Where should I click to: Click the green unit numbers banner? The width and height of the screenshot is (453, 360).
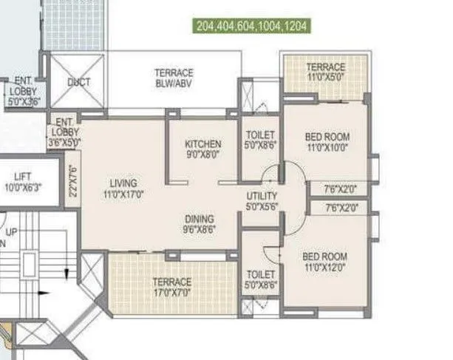(x=251, y=25)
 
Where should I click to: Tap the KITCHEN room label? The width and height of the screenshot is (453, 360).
(x=202, y=144)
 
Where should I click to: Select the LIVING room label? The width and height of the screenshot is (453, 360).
(x=123, y=183)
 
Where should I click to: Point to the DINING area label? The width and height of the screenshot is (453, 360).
(x=200, y=219)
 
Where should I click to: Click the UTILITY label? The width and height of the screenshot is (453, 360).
(x=261, y=196)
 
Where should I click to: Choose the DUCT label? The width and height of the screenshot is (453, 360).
(x=78, y=82)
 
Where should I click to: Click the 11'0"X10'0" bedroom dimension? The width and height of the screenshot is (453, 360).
(x=327, y=146)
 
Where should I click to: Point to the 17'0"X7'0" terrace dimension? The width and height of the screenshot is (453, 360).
(x=171, y=292)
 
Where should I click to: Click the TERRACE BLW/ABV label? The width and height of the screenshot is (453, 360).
(x=174, y=78)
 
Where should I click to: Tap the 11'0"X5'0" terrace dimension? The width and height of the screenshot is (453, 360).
(x=325, y=77)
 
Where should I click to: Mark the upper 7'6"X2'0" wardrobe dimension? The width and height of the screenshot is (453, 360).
(x=341, y=189)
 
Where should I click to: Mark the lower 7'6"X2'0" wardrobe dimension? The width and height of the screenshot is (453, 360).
(x=341, y=209)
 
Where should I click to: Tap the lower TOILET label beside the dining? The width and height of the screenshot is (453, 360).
(x=260, y=279)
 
